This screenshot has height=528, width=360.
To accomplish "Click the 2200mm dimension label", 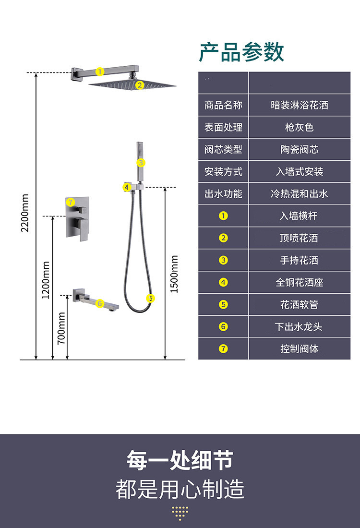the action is point(25,213).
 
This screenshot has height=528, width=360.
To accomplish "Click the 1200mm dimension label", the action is point(46,280).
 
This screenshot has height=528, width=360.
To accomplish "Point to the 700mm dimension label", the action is point(61,328).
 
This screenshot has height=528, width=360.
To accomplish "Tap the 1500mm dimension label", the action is point(174,274).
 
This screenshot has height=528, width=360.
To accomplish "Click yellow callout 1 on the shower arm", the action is point(100,72).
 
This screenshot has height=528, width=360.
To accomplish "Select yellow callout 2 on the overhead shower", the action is point(139,85).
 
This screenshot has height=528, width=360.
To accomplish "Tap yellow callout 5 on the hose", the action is point(151,298).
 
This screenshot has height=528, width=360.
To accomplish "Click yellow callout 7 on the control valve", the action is point(71,202).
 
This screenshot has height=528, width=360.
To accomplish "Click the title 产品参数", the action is point(241,52).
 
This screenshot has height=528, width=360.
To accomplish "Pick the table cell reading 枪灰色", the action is point(299,127).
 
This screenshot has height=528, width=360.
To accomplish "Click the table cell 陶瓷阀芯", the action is point(299,149).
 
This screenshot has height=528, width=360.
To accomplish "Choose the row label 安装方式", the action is point(223,171).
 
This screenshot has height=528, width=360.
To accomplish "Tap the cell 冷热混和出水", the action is point(299,193).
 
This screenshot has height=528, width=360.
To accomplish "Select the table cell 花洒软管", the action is point(299,304).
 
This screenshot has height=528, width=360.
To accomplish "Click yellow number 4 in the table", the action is point(223,282).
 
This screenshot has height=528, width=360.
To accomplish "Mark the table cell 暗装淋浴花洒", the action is point(299,105).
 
